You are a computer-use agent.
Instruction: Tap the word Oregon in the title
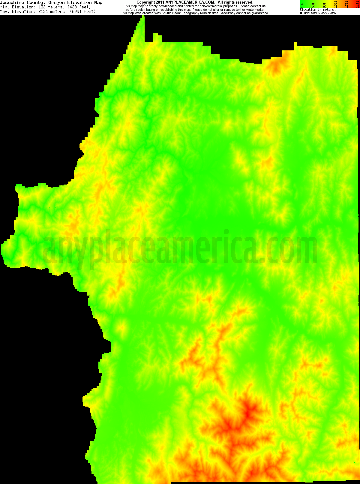point(56,2)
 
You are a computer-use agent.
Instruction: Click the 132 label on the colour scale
point(302,5)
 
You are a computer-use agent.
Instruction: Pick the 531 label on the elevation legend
point(313,5)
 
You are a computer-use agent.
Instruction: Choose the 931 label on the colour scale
point(324,5)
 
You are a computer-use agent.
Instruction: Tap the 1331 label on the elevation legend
point(335,5)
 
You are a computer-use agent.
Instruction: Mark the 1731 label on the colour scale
point(346,5)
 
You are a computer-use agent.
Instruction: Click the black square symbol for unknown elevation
point(301,13)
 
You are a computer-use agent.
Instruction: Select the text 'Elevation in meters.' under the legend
point(317,10)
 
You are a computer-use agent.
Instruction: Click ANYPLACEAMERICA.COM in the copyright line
point(190,2)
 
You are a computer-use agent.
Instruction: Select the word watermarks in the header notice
point(255,10)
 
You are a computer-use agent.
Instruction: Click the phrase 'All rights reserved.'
point(235,2)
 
